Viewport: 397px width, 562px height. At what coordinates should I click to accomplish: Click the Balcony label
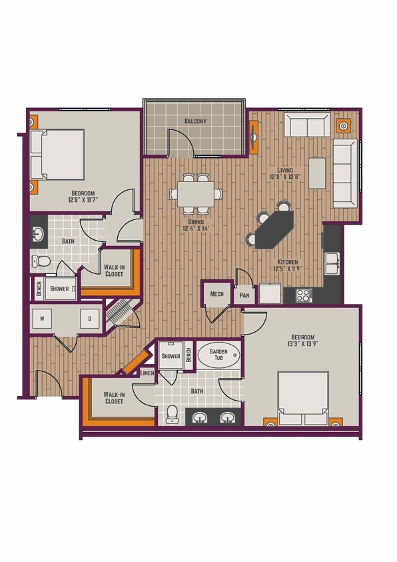tap(195, 121)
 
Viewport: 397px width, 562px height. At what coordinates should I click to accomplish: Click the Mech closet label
tap(217, 293)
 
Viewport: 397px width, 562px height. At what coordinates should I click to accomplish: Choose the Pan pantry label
tap(245, 295)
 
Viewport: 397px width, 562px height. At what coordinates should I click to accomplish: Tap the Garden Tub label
tap(218, 355)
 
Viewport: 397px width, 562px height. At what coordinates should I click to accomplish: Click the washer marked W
tap(42, 319)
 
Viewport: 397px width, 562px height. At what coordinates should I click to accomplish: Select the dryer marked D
tap(89, 319)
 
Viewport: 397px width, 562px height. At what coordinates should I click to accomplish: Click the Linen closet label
tap(148, 373)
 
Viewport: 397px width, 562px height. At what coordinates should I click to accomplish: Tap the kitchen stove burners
tap(303, 293)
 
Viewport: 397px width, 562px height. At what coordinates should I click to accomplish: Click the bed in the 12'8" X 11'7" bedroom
tap(59, 154)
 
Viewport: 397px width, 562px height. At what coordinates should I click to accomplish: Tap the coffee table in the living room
tap(318, 174)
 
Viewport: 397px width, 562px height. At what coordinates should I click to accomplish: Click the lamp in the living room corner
tap(344, 124)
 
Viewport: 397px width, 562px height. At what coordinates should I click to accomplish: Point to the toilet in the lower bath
tap(173, 414)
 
